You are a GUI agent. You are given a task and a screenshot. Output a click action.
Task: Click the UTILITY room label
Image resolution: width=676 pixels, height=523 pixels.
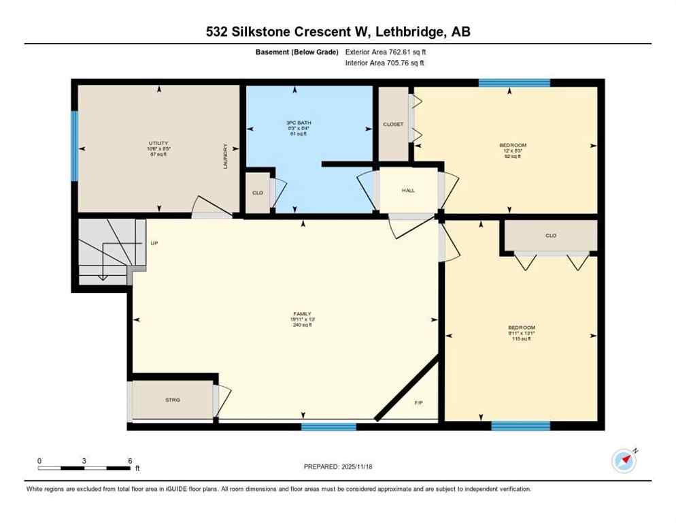[158, 143]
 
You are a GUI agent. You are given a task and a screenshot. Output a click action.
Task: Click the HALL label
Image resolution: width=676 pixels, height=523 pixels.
[408, 191]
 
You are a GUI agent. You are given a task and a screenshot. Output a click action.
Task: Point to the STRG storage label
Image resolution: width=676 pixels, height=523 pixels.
[173, 400]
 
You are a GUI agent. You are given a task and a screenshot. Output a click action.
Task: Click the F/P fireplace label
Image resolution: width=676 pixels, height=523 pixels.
[419, 403]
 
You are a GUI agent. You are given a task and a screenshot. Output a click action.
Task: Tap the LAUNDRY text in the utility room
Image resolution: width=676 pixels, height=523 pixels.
[225, 156]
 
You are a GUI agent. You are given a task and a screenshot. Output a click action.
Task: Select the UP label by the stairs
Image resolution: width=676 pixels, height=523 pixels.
[154, 242]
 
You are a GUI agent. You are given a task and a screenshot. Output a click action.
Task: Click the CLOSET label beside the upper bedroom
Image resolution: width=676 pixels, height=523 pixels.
[393, 125]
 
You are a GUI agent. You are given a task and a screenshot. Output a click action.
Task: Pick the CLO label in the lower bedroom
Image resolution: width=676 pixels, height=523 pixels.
[550, 236]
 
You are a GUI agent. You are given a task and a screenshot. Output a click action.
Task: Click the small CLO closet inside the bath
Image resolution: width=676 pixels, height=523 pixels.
[258, 193]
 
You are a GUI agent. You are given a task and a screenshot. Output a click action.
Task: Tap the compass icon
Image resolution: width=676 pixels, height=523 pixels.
[624, 461]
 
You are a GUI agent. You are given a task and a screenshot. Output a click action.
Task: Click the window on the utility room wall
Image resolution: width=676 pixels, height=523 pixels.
[75, 146]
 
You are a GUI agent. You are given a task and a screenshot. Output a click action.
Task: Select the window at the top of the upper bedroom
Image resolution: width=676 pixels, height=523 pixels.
[513, 83]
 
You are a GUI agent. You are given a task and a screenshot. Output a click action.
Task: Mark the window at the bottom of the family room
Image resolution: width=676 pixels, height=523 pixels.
[328, 427]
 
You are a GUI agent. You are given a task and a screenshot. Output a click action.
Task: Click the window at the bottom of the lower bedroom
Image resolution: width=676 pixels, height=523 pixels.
[520, 426]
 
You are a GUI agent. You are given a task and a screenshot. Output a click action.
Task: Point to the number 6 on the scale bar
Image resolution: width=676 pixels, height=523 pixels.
[129, 460]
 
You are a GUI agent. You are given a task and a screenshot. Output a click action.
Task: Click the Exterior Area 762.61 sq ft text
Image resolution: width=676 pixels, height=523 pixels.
[386, 52]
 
